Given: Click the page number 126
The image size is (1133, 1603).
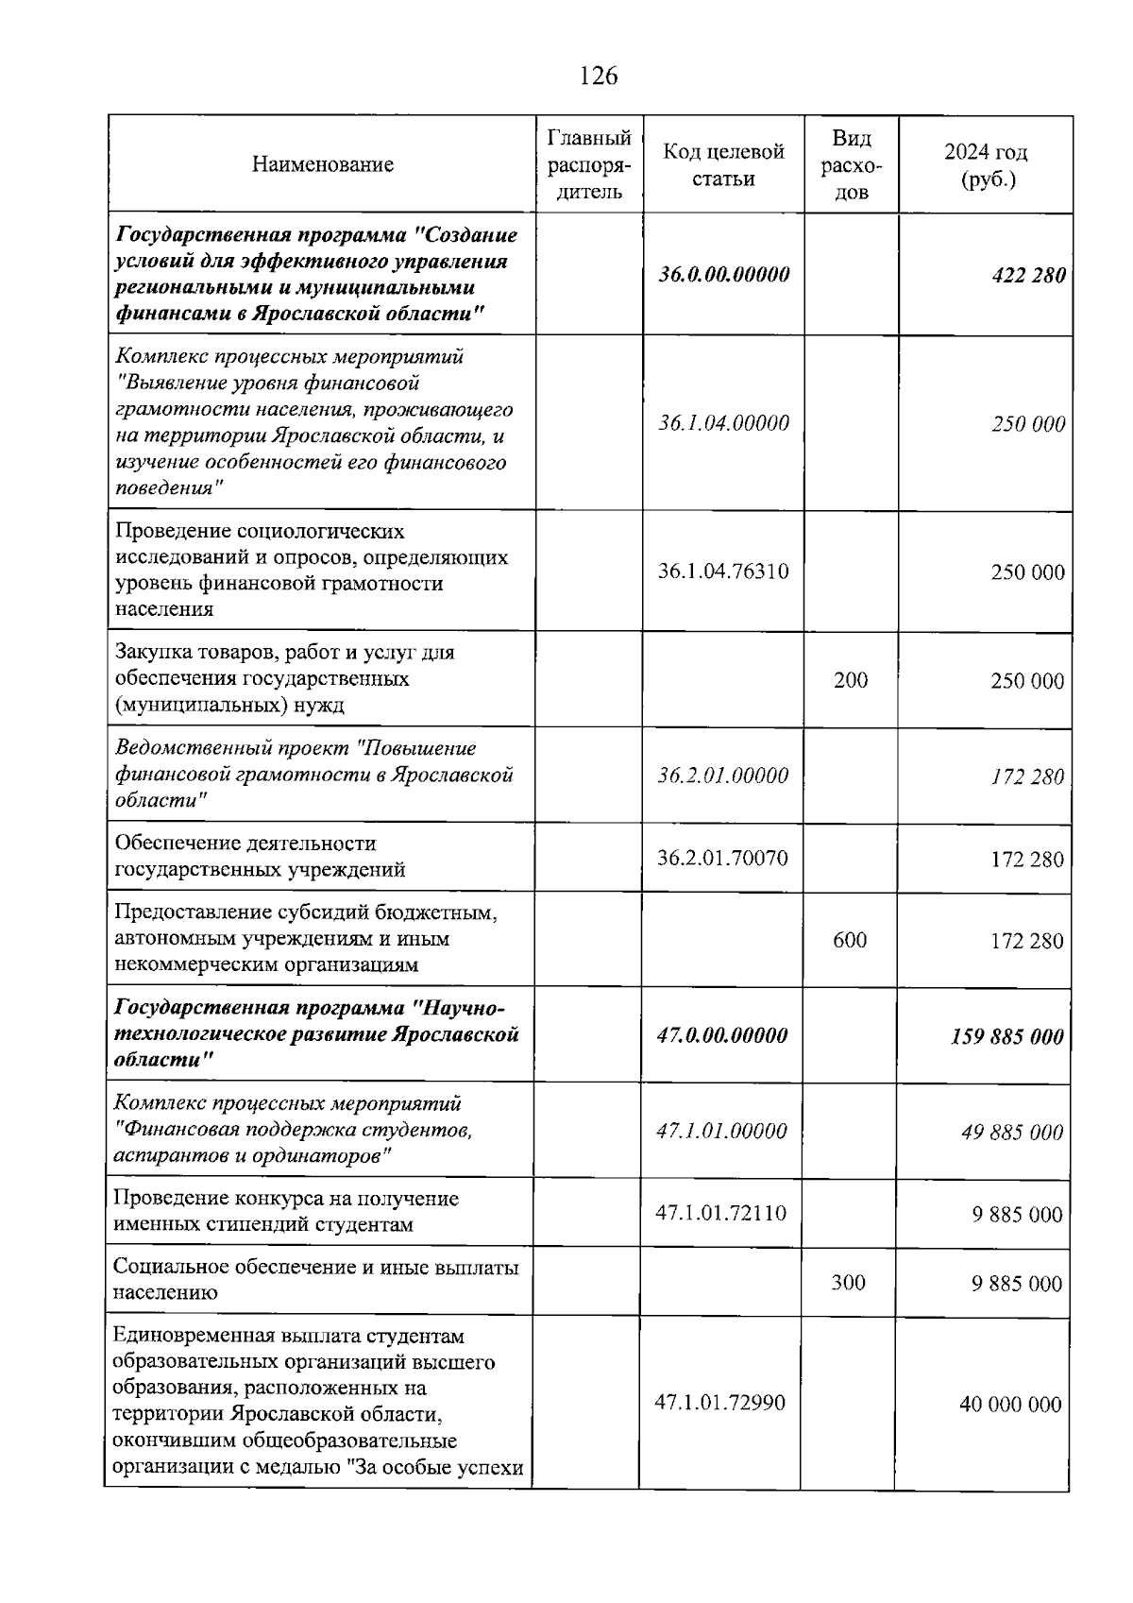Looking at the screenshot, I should tap(599, 76).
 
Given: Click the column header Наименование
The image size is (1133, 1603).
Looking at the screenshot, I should tap(322, 165).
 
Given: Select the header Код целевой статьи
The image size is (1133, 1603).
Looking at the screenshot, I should tap(723, 165).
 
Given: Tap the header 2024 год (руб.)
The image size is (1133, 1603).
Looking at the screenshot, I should tap(986, 165).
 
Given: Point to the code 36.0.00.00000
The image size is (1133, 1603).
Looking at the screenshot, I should tap(723, 275).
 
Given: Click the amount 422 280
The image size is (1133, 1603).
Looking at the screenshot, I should tap(1028, 276).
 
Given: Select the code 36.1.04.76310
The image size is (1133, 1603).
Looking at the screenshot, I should tap(723, 571).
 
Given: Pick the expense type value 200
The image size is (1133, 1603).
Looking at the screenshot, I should tap(851, 680).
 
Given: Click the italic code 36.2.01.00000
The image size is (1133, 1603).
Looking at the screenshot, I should tap(723, 776).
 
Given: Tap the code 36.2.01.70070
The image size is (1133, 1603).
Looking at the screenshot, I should tap(722, 858).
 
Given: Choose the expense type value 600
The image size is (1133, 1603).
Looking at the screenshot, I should tap(850, 940).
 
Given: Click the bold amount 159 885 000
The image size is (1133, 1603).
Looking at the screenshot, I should tap(1006, 1036).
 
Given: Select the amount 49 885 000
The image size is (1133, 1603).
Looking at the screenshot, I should tap(1012, 1132).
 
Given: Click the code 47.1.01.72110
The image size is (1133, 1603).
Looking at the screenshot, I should tap(720, 1213).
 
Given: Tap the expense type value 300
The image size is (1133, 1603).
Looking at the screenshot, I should tap(848, 1282).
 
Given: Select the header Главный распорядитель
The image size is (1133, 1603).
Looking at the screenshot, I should tap(589, 165).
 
